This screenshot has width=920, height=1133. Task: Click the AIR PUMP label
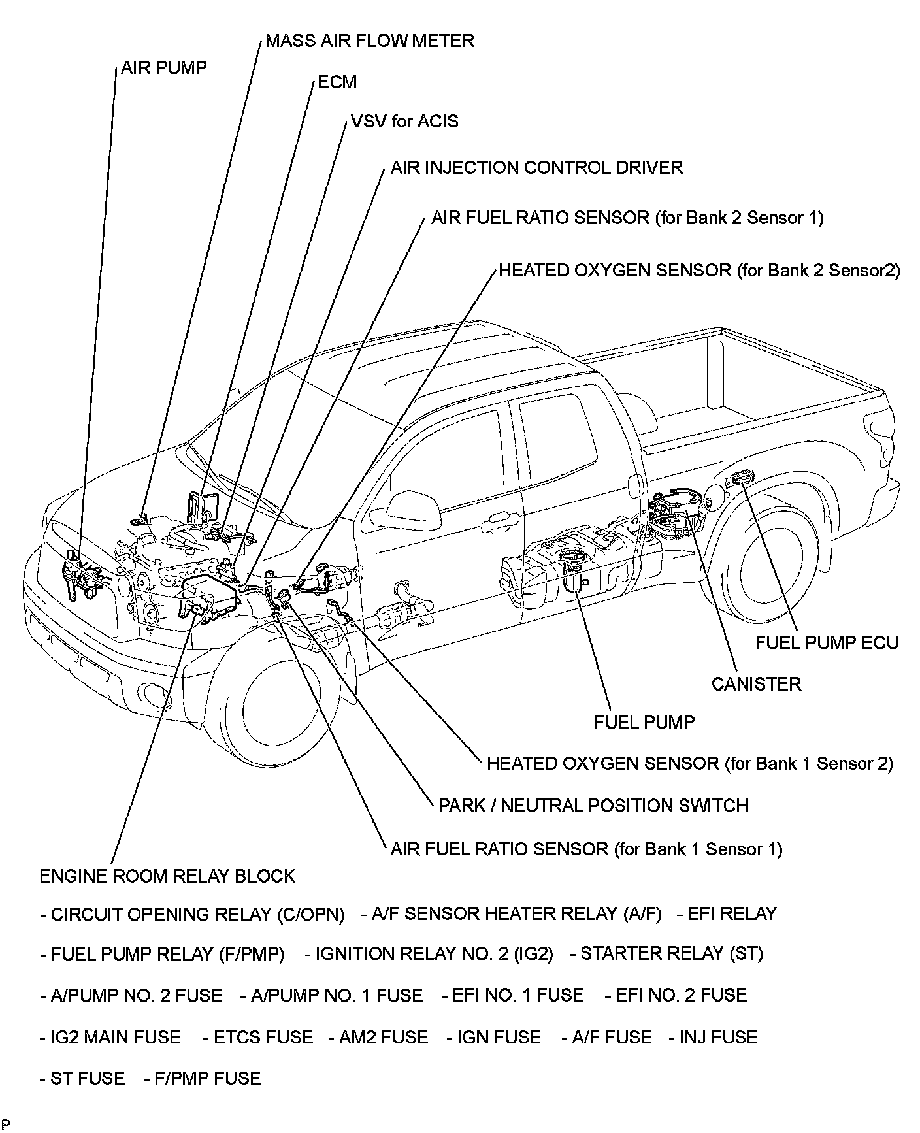point(163,67)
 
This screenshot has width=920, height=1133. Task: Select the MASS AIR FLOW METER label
point(369,41)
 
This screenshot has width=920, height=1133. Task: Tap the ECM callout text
point(337,82)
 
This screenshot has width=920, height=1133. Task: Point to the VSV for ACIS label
point(404,122)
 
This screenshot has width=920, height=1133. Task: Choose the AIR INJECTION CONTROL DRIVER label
point(536,168)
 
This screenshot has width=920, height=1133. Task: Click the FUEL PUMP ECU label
point(827,642)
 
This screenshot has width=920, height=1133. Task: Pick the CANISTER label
point(756,684)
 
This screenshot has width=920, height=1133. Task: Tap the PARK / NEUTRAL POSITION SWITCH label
point(593,805)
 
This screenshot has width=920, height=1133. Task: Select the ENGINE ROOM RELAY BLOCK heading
point(167,876)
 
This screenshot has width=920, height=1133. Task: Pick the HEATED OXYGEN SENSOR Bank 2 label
point(699,271)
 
